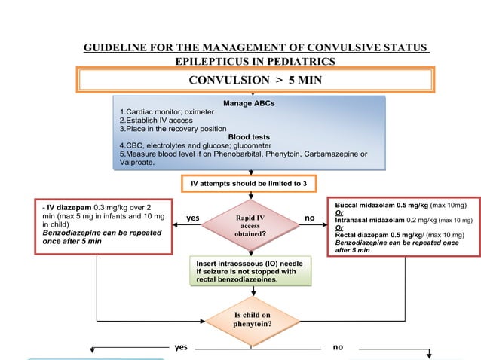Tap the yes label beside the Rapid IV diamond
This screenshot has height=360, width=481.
pyautogui.click(x=192, y=218)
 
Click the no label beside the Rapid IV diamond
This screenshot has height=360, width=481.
pyautogui.click(x=309, y=218)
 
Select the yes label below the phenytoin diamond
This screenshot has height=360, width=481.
pyautogui.click(x=181, y=347)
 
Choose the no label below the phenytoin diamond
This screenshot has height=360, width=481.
pyautogui.click(x=337, y=347)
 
